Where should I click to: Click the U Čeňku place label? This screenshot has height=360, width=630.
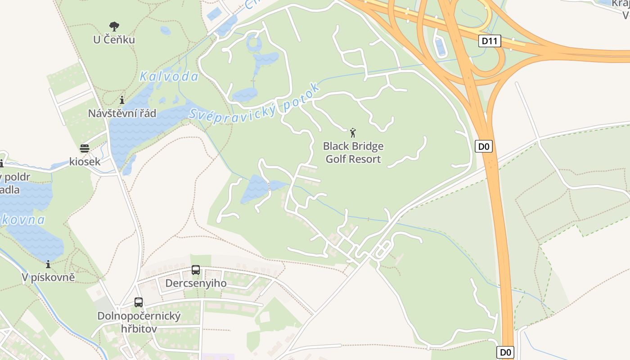(x=114, y=40)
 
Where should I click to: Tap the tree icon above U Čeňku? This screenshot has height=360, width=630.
(x=114, y=27)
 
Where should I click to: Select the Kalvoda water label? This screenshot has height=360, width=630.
(x=169, y=76)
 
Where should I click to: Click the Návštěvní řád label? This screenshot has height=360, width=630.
(x=122, y=113)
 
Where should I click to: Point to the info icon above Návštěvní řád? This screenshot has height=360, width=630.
(x=122, y=100)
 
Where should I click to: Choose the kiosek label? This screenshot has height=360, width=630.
(x=85, y=162)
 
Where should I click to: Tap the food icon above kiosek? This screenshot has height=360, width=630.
(x=85, y=148)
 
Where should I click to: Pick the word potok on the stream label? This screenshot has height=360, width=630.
(x=302, y=95)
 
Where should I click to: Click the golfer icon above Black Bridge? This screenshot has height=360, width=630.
(x=353, y=133)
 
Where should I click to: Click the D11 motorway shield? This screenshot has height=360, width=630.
(x=489, y=41)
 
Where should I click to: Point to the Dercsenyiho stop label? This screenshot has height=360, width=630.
(x=196, y=283)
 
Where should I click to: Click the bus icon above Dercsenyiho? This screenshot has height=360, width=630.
(x=196, y=270)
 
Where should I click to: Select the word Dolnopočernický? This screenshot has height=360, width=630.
(x=139, y=316)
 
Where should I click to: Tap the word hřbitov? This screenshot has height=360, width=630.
(x=139, y=328)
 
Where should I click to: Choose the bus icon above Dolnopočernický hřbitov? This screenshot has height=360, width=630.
(x=139, y=302)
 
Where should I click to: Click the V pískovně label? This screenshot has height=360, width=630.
(x=48, y=278)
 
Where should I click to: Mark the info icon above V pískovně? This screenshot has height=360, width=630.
(x=48, y=265)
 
